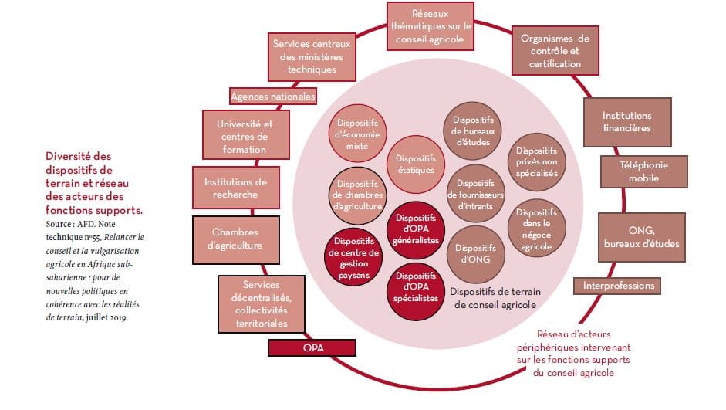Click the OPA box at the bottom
click(x=313, y=348)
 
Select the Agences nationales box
click(x=273, y=97)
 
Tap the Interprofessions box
click(x=619, y=286)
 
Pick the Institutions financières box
click(x=626, y=122)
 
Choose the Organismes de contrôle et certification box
click(x=555, y=52)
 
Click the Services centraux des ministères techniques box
click(x=312, y=56)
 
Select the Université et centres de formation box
click(x=245, y=136)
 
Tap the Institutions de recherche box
click(x=235, y=188)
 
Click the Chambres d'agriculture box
click(x=235, y=239)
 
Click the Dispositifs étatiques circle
click(x=417, y=164)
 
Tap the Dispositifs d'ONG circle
click(x=474, y=253)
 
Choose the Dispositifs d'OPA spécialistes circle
click(x=416, y=286)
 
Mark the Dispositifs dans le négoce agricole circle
click(x=536, y=229)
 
